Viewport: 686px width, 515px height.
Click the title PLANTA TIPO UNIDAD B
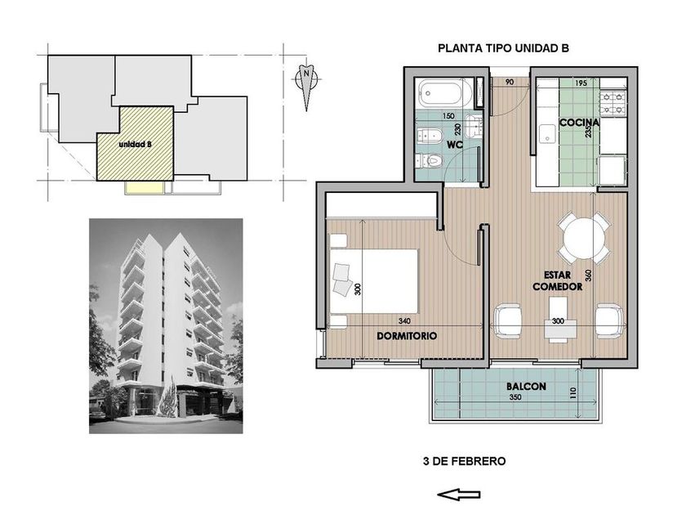[503, 48]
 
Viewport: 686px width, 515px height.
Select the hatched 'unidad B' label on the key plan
[136, 144]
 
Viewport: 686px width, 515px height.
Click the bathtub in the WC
[443, 92]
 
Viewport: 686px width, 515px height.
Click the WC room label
[455, 145]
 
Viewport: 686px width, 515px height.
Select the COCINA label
[579, 123]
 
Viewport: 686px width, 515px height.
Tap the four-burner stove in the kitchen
[613, 102]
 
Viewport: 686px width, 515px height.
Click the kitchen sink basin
[547, 133]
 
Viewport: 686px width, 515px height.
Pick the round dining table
[584, 239]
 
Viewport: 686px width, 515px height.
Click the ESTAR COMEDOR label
[557, 280]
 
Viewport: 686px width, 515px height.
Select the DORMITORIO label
[407, 336]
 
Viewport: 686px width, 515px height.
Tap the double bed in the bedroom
[374, 281]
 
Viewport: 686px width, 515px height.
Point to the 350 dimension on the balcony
[515, 397]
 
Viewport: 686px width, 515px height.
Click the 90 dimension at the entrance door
[510, 82]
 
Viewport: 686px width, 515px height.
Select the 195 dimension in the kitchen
[581, 83]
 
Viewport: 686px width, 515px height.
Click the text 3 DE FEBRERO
[464, 461]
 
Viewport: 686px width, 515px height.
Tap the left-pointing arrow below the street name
[458, 495]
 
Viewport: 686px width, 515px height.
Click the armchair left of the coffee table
[507, 321]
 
